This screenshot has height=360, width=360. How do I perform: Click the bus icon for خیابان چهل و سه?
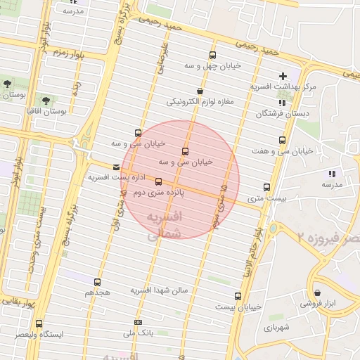tap(213, 55)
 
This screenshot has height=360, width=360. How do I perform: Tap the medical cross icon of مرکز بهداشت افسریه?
tap(283, 76)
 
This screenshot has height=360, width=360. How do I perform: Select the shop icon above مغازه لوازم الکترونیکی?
tap(200, 91)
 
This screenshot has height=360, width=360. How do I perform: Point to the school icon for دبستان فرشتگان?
tap(282, 103)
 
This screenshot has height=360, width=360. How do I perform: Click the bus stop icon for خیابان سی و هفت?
tap(282, 141)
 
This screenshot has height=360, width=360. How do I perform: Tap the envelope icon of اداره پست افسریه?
tap(116, 167)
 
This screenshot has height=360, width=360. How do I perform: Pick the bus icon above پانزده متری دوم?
tap(157, 181)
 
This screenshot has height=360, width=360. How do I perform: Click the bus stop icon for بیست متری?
tap(266, 188)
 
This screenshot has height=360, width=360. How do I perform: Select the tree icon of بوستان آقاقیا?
tap(46, 101)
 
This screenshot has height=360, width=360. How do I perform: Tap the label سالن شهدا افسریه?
tap(160, 290)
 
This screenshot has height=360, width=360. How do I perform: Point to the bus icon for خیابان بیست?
tap(238, 296)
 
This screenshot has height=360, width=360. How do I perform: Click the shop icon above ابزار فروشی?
tap(319, 292)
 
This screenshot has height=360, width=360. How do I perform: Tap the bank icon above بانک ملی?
tap(137, 322)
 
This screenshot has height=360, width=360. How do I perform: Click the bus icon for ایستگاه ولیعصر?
tap(38, 324)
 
